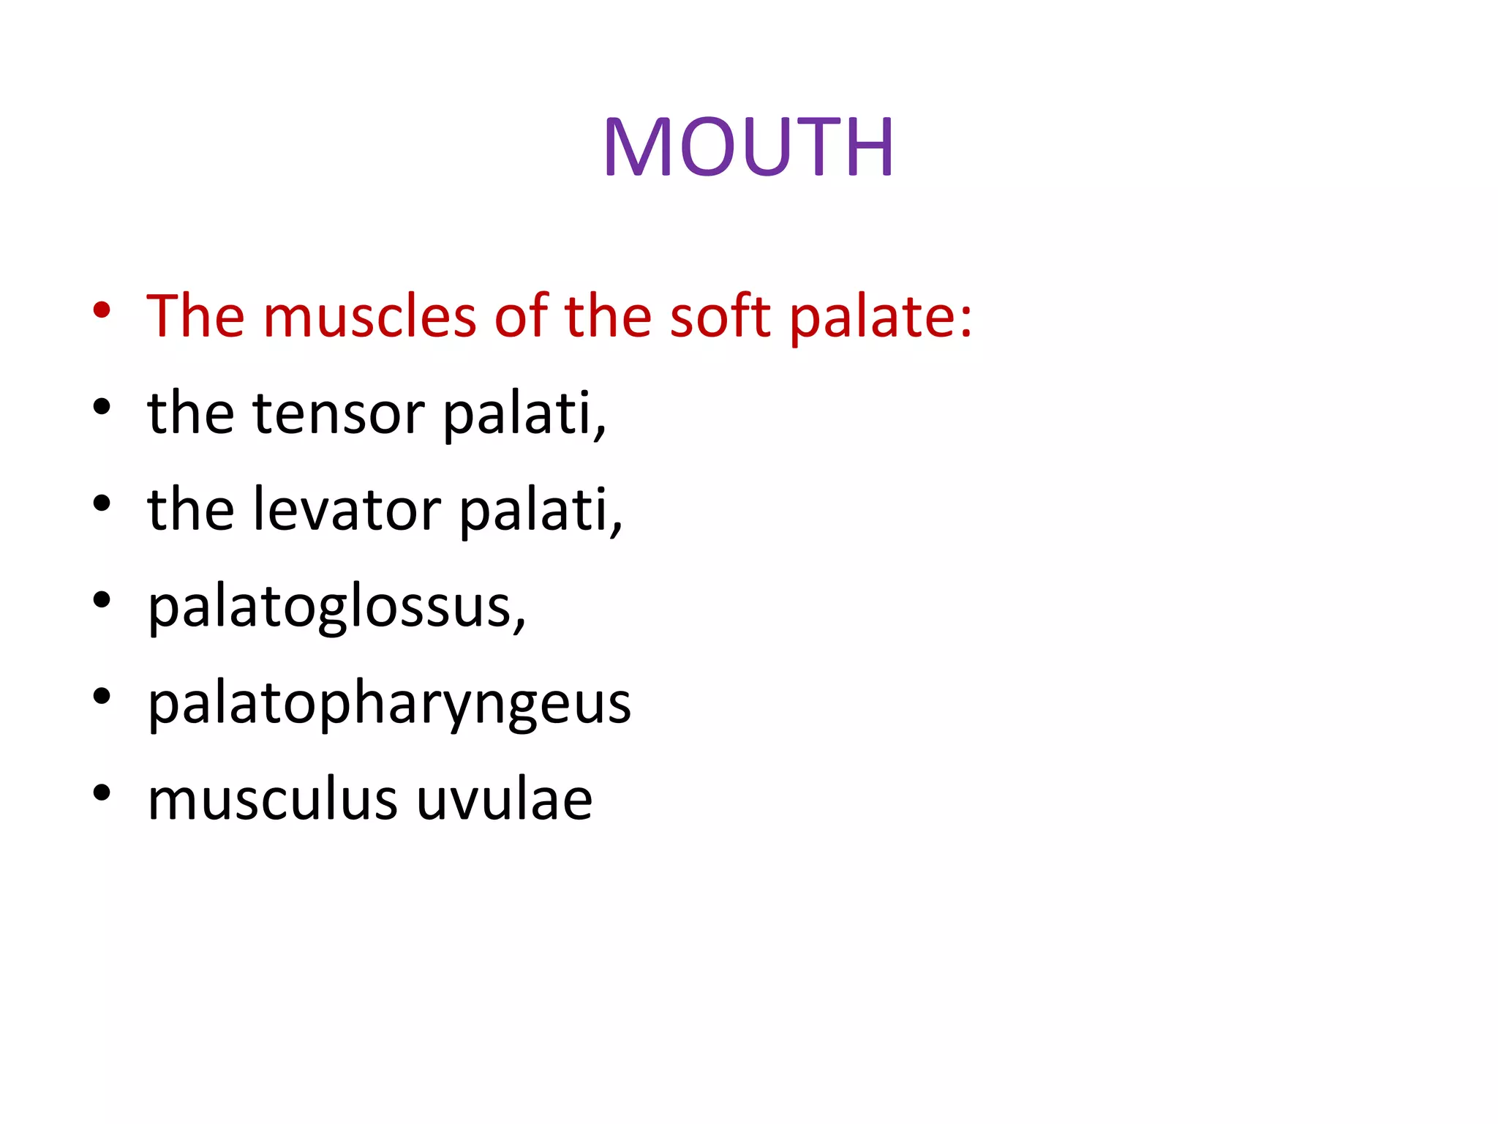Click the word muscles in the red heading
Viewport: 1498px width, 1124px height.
369,317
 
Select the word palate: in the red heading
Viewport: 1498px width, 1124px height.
881,317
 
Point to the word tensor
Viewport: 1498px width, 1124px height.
339,413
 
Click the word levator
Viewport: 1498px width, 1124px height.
347,510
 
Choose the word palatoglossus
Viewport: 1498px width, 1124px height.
336,607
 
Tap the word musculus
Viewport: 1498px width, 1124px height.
273,799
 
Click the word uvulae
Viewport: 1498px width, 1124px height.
505,799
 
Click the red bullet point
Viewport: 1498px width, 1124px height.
102,310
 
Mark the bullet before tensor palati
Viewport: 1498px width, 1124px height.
102,407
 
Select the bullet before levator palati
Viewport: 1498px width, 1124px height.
102,503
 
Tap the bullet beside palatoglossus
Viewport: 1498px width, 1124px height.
102,600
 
